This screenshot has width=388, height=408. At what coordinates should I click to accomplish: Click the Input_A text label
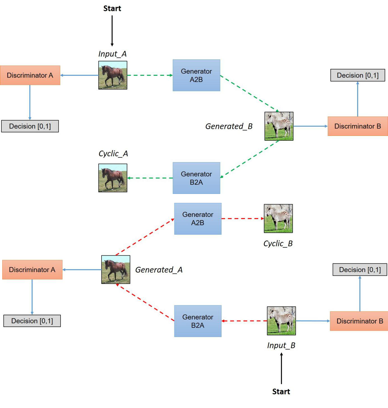(x=112, y=54)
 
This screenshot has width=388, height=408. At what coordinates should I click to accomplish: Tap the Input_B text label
(x=281, y=345)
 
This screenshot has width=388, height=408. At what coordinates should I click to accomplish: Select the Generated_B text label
(x=229, y=126)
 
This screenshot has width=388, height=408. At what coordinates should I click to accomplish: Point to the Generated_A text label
(x=159, y=270)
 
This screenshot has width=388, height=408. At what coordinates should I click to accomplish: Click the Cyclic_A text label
(x=113, y=154)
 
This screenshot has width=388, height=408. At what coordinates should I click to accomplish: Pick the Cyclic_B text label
(x=278, y=244)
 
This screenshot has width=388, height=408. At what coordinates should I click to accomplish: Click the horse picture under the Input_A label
(x=113, y=75)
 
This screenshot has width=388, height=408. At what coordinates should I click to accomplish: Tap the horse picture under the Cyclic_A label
(x=113, y=178)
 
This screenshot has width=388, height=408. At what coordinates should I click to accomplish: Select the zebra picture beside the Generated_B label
(x=279, y=126)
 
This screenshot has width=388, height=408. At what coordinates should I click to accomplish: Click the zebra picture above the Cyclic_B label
(x=278, y=218)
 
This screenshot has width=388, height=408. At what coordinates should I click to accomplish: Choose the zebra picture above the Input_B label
(x=281, y=321)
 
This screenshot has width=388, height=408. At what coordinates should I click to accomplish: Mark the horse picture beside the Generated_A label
(x=116, y=270)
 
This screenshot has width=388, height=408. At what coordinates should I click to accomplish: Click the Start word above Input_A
(x=112, y=8)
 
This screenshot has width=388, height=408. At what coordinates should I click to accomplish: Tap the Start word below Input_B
(x=281, y=391)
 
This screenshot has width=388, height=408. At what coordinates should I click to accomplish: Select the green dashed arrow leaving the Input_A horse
(x=150, y=75)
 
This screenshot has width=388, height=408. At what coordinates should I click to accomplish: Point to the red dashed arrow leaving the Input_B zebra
(x=244, y=321)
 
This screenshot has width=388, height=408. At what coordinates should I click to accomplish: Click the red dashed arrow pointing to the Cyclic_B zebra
(x=242, y=219)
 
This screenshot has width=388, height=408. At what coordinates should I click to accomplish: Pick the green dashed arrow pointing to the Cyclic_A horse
(x=150, y=178)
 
